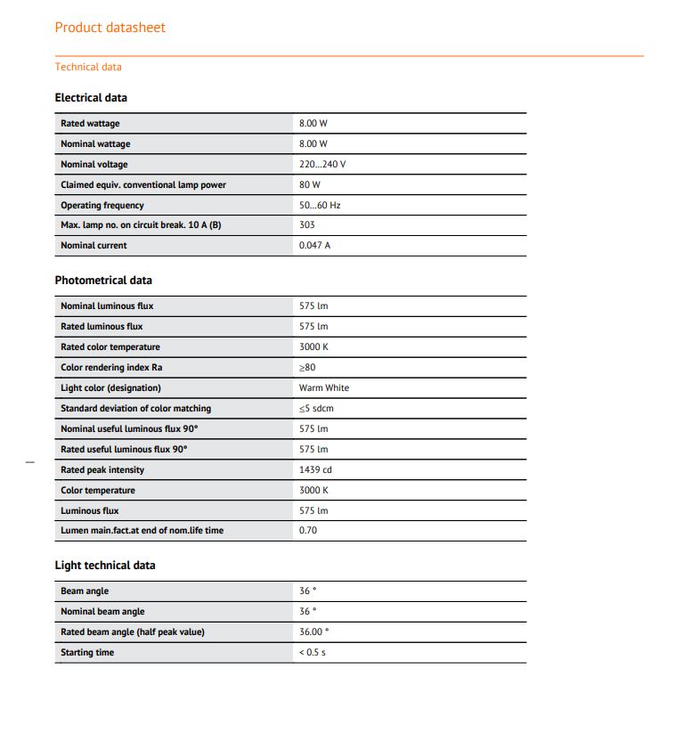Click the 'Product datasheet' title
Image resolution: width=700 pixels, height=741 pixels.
click(x=110, y=28)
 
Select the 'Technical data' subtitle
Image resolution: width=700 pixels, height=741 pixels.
click(x=88, y=67)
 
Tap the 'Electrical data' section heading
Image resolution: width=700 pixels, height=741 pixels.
click(x=91, y=98)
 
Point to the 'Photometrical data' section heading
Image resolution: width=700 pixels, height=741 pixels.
click(x=103, y=281)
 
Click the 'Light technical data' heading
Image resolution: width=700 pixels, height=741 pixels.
click(x=105, y=566)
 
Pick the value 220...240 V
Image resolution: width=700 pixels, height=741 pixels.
click(x=322, y=164)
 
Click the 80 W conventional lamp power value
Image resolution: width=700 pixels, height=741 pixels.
click(x=310, y=184)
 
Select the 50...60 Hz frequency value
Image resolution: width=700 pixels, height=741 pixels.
click(x=320, y=205)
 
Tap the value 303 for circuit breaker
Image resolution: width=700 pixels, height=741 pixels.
click(x=307, y=224)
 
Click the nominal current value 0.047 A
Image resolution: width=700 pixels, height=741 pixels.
click(x=314, y=245)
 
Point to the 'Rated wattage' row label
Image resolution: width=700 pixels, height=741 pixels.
click(x=90, y=123)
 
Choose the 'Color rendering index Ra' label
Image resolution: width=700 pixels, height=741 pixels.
click(x=111, y=367)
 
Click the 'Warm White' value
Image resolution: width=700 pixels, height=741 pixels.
click(x=324, y=387)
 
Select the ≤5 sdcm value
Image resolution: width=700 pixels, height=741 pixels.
click(x=316, y=408)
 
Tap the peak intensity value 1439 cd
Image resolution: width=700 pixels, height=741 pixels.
click(x=315, y=469)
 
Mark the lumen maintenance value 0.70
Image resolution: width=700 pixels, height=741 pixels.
click(x=308, y=530)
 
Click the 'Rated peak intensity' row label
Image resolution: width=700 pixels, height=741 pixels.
click(x=102, y=469)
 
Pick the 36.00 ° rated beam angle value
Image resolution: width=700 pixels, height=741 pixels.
click(x=313, y=631)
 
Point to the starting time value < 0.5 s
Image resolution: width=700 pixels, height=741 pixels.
click(x=313, y=652)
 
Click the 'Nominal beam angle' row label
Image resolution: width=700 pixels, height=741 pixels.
click(x=102, y=611)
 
